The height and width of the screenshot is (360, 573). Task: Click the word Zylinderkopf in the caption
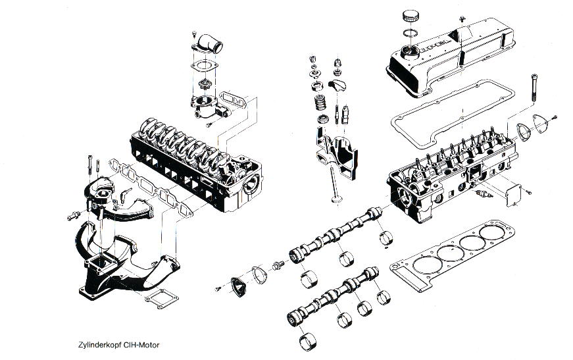tap(98, 344)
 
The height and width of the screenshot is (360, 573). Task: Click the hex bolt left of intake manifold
tap(72, 215)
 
